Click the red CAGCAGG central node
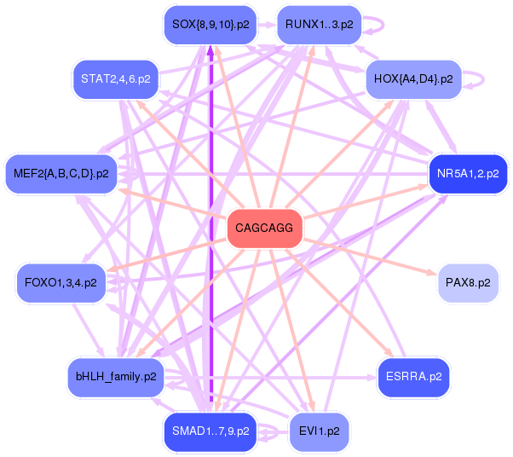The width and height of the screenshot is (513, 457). coord(264,228)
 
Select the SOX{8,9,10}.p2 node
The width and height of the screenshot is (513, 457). coord(210,25)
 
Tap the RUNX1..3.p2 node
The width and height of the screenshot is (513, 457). coord(320,25)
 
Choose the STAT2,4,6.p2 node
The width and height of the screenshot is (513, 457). coord(116,79)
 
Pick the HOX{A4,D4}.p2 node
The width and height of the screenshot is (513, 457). coord(413,79)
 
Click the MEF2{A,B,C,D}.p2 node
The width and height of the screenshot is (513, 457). coord(61,174)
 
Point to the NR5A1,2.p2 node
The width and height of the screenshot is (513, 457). coord(468,174)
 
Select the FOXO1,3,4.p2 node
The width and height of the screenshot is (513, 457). coord(61,283)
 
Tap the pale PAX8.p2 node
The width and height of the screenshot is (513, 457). coord(468,283)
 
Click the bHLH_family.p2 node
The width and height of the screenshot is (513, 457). coord(116,377)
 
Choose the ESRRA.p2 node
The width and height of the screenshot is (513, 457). coord(413,377)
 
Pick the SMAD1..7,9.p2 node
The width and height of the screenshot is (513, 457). coord(210,431)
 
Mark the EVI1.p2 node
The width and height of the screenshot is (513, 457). coord(320,431)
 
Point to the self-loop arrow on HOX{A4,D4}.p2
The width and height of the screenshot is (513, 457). coord(483,79)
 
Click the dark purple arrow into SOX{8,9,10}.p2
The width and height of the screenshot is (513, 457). coord(210,223)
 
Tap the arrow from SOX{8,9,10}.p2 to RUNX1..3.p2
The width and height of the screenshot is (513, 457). coord(267,25)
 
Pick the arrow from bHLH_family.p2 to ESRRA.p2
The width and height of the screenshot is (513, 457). coord(270,378)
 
